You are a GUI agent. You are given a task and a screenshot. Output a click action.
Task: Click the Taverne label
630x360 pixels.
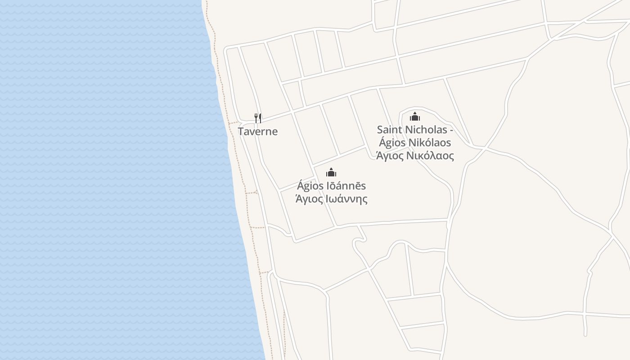point(258,131)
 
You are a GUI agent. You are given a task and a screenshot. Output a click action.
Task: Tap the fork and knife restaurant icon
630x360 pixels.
point(258,118)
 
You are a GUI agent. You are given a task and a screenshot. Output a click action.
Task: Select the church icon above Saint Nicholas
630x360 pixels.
point(414,117)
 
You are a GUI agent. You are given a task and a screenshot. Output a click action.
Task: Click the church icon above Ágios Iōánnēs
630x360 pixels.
point(331,172)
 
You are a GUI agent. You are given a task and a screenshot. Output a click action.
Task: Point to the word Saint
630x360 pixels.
point(390,130)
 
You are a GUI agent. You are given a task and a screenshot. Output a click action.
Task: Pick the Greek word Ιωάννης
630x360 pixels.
point(346,199)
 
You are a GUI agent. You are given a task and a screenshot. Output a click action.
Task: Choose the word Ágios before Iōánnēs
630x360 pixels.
point(310,186)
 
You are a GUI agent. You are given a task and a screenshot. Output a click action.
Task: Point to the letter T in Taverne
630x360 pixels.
point(241,131)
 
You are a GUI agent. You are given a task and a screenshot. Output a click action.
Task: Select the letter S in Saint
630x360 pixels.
point(380,130)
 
